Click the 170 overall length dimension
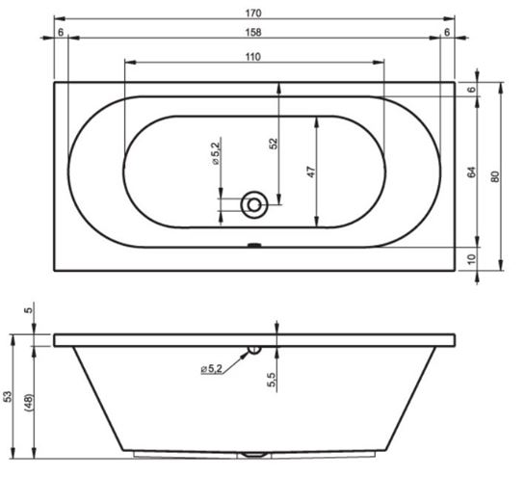[253, 13]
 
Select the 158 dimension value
[253, 32]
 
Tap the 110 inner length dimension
[252, 57]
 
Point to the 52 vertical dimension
[274, 144]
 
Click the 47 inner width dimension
[311, 172]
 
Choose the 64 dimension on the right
[471, 172]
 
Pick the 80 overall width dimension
[495, 176]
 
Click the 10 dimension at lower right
[471, 259]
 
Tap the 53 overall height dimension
[8, 396]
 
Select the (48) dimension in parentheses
[29, 403]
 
